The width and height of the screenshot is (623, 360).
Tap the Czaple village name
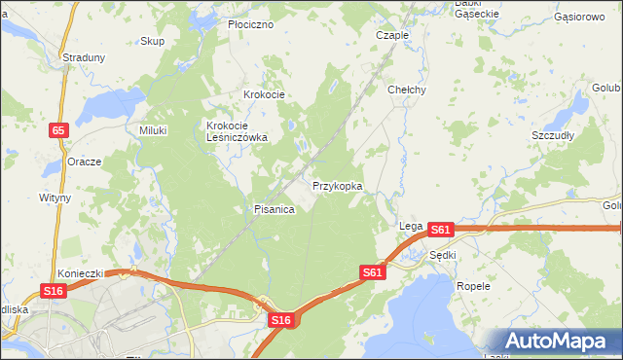(x=392, y=34)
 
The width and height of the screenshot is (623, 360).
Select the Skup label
(x=152, y=41)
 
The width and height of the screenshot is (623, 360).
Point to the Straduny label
(x=84, y=57)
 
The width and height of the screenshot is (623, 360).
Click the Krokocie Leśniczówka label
(x=237, y=131)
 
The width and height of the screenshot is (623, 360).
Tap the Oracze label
(x=85, y=162)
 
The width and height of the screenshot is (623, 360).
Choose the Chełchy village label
(x=407, y=90)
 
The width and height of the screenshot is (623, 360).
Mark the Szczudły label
(x=552, y=135)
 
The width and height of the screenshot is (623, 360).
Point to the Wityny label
(x=55, y=197)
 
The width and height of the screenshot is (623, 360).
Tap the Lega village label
(x=410, y=226)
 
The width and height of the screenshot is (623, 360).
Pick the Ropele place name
(x=473, y=287)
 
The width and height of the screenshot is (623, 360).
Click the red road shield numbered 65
(x=60, y=128)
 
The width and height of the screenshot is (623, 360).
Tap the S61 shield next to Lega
(x=440, y=230)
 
